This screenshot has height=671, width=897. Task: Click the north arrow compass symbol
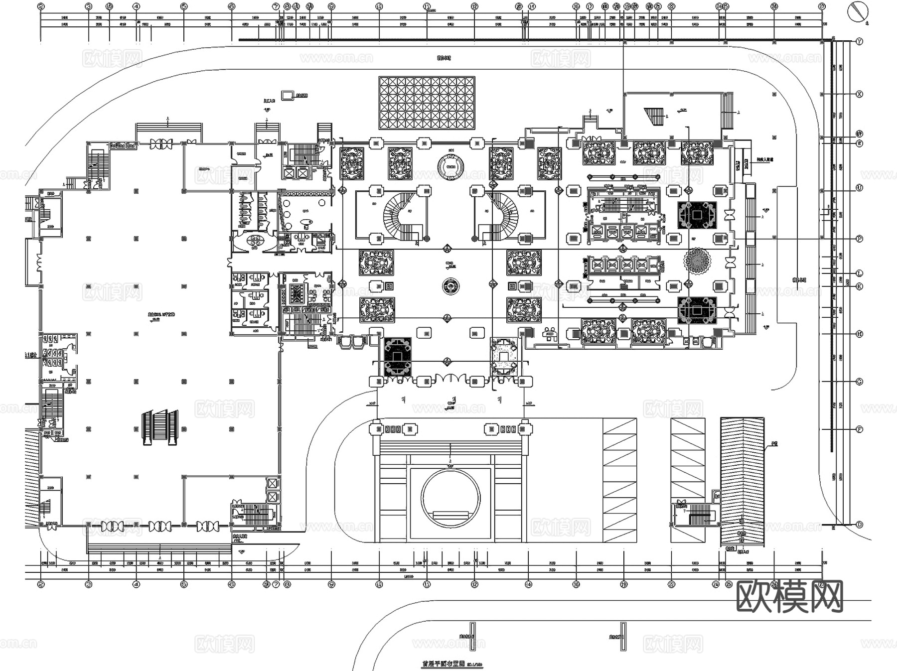point(858,11)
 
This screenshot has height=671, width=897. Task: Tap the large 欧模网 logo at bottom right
point(789,596)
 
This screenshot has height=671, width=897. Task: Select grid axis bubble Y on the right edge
point(859,42)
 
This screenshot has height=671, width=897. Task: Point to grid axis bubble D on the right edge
point(859,525)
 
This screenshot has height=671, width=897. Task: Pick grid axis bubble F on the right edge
point(859,429)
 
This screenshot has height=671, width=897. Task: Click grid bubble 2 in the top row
point(41,6)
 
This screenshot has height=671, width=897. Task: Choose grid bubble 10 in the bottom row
point(379,584)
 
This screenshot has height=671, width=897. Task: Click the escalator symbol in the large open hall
point(160,427)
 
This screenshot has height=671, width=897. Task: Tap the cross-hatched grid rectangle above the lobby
point(427,103)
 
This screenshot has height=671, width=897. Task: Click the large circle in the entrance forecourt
point(450,497)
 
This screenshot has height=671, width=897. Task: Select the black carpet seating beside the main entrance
point(398,356)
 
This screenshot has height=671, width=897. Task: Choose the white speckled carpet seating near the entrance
point(505,356)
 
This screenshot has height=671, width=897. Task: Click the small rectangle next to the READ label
point(288,95)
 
